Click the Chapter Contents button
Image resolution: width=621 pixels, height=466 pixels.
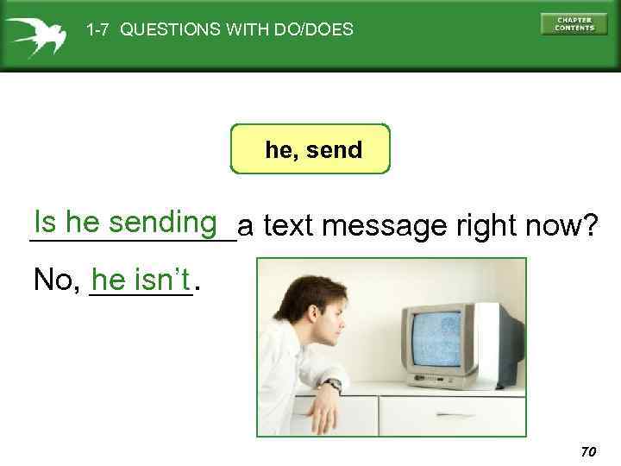click(574, 23)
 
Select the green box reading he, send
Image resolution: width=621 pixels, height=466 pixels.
click(310, 149)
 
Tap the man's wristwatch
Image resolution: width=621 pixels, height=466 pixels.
click(333, 385)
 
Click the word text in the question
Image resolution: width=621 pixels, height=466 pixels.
click(287, 227)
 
